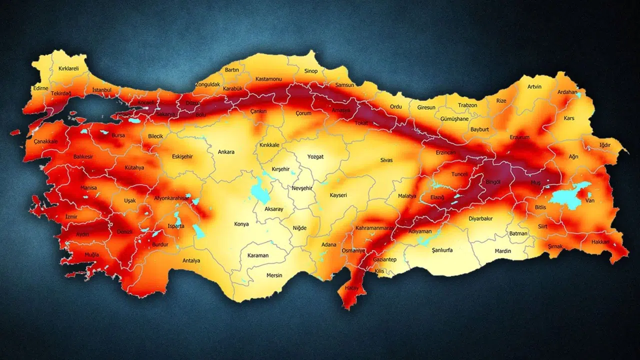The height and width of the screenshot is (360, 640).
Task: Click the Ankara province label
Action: coord(226,152)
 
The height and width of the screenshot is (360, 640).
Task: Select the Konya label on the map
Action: coord(241,224)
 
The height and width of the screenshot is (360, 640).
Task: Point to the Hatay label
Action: coord(348,288)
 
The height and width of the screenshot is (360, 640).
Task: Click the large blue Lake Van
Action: coord(567,196)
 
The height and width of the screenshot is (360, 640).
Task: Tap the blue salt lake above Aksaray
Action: coord(259,190)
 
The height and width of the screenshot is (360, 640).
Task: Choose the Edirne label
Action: coord(40,88)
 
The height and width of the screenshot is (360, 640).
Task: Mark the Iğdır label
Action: coord(605,145)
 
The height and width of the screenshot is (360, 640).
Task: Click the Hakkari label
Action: coord(600,241)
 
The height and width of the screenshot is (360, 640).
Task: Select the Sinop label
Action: coord(311,71)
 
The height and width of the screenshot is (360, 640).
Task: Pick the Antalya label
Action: coord(191,260)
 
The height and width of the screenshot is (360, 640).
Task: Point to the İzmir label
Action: coord(71,216)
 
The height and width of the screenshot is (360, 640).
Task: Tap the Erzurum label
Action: coord(519,137)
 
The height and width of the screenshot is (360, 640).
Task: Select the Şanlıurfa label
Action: coord(438,250)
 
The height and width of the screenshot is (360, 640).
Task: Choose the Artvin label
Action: coord(534,86)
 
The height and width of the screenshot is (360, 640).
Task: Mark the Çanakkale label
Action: coord(46,141)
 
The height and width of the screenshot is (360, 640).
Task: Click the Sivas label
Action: coord(386,160)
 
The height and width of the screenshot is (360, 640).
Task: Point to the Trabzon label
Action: coord(467,105)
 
